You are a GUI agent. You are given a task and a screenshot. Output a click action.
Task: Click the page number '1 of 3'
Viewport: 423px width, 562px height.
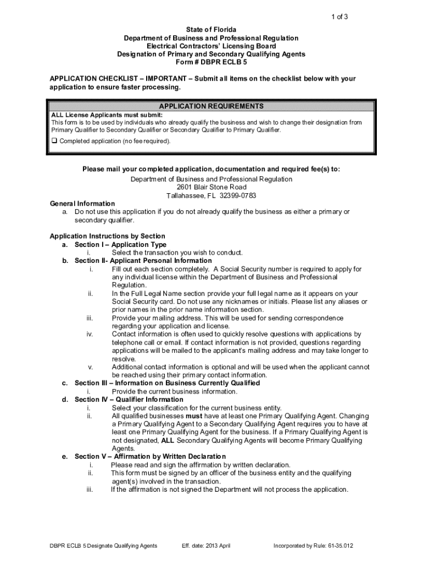click(339, 16)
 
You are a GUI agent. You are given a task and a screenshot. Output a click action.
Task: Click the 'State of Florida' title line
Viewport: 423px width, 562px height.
click(211, 30)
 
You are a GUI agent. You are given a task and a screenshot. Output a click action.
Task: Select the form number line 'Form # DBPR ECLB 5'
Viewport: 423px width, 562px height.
click(211, 63)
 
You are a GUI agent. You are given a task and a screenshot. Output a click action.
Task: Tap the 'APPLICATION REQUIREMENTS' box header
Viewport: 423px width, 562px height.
click(211, 106)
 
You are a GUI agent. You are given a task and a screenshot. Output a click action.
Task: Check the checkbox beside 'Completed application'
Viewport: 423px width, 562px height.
click(54, 141)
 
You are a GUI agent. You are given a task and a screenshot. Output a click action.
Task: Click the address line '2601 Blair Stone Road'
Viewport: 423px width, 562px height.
click(211, 187)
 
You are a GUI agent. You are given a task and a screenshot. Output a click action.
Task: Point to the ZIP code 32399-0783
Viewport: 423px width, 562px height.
click(237, 195)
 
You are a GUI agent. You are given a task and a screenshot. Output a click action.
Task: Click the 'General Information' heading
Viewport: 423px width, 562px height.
click(82, 204)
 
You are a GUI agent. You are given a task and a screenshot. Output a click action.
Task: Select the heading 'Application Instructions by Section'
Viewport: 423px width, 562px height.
click(107, 236)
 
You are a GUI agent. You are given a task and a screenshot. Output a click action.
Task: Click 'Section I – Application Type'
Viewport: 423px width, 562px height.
click(120, 244)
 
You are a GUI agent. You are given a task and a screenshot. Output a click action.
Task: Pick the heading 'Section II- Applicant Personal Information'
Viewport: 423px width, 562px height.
click(143, 261)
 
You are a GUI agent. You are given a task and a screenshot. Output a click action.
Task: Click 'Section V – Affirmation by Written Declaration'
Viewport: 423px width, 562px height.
click(150, 457)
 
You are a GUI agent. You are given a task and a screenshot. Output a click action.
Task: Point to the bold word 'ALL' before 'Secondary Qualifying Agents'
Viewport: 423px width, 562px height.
click(168, 440)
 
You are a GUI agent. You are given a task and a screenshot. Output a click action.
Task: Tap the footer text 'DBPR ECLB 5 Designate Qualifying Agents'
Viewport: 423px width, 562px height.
click(104, 546)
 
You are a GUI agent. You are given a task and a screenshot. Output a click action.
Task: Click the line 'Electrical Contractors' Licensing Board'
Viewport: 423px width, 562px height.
click(211, 46)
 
